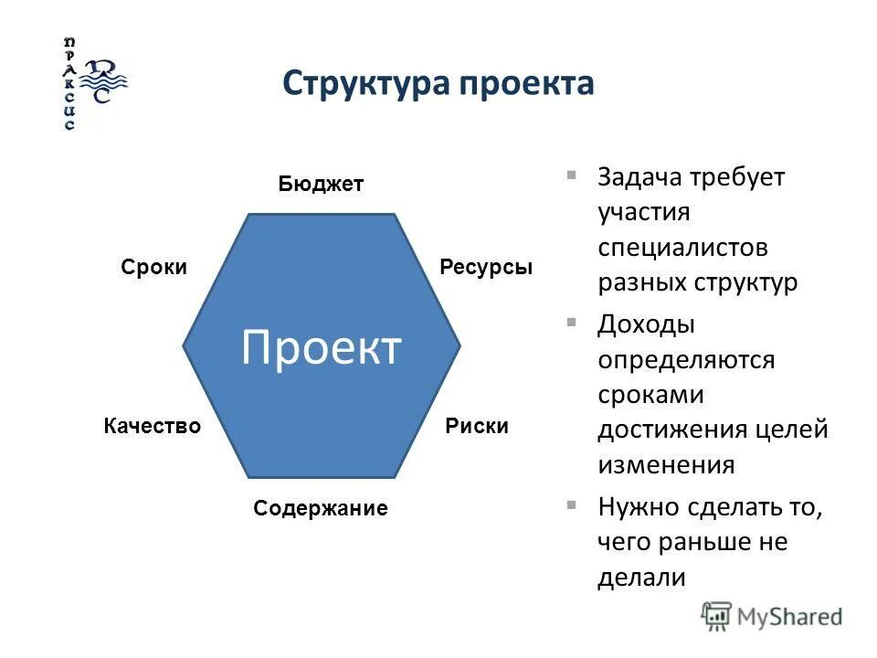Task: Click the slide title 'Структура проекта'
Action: coord(438,83)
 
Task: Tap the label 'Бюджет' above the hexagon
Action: coord(321,185)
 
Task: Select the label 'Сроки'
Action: coord(153,267)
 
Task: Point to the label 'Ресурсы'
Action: coord(485,267)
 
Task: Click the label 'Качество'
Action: coord(152,426)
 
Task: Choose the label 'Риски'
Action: coord(477,426)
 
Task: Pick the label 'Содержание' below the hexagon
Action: coord(321,509)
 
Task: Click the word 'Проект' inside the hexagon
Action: coord(321,347)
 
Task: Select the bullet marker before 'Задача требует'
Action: coord(571,175)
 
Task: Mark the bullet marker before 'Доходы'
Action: coord(571,322)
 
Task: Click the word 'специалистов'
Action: coord(682,248)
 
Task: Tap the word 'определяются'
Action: coord(686,360)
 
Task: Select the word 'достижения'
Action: coord(673,429)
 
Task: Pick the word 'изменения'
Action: coord(666,464)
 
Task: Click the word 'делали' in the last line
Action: coord(641,577)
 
